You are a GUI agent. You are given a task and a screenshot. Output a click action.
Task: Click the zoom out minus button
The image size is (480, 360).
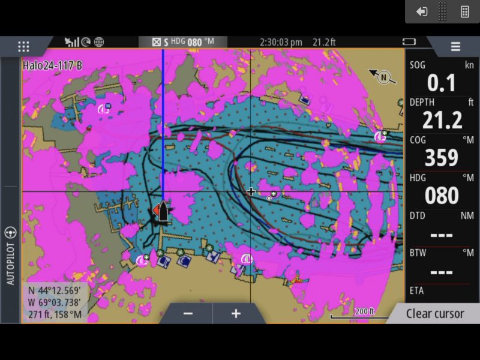(188, 313)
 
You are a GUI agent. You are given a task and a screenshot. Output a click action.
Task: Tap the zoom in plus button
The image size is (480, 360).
(236, 313)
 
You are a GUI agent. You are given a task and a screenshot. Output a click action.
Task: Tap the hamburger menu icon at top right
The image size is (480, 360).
(455, 47)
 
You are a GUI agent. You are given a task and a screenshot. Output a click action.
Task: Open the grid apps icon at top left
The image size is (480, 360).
(23, 47)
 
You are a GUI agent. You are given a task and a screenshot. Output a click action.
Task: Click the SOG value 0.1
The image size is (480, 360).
(442, 83)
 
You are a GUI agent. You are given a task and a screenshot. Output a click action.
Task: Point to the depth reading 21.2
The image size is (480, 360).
(442, 121)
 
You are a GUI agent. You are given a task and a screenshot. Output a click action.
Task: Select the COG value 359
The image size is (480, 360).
(442, 158)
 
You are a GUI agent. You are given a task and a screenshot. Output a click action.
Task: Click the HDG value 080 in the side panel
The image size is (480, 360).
(442, 196)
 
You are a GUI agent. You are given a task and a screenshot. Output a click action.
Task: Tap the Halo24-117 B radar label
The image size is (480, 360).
(52, 65)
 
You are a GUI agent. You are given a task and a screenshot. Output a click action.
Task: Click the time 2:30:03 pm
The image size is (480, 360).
(281, 42)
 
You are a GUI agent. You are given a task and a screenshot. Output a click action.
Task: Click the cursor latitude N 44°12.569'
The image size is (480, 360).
(55, 290)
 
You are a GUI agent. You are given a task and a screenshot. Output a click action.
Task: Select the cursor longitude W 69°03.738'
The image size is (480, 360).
(55, 302)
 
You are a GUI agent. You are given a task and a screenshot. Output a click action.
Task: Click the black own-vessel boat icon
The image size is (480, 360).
(163, 211)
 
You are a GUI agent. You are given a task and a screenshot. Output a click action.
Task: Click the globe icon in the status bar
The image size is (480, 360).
(99, 42)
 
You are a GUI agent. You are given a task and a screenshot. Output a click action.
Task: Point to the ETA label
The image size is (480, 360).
(417, 291)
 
